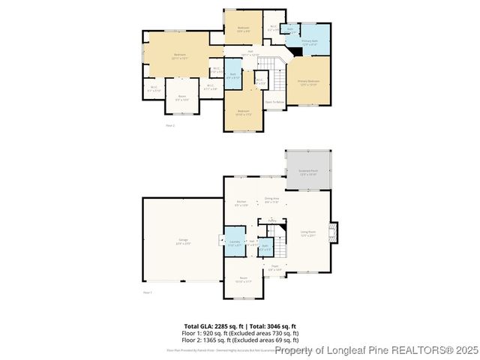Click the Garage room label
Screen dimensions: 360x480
(x=182, y=241)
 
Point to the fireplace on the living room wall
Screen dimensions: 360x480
(x=335, y=233)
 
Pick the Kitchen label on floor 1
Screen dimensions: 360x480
(x=241, y=202)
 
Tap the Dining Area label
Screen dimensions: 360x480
(x=271, y=199)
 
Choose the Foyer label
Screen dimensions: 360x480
(x=274, y=267)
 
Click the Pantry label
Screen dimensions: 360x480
(x=273, y=220)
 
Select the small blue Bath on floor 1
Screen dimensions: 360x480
(x=265, y=247)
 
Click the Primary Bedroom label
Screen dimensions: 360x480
(x=308, y=82)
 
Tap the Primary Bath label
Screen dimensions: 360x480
(x=309, y=43)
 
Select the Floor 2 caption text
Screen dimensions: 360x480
(x=170, y=125)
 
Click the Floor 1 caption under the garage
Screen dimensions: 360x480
(x=148, y=292)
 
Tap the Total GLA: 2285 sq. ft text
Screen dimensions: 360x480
(x=211, y=326)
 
